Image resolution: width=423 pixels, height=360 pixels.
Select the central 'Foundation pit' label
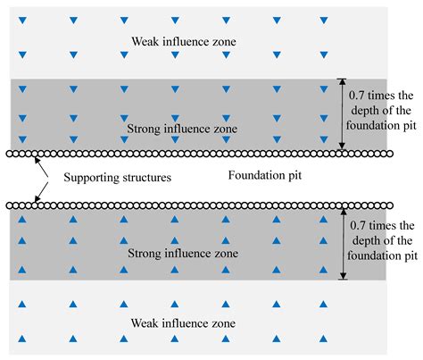[266, 175]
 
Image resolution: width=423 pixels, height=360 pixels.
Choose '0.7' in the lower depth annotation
[361, 224]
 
